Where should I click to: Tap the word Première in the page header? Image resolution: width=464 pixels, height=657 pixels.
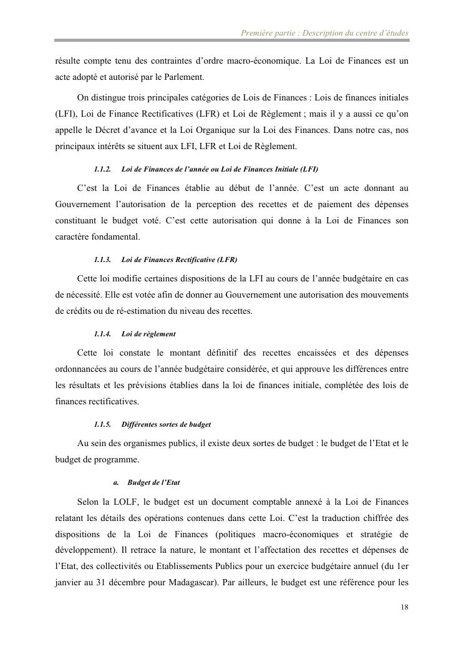pos(256,32)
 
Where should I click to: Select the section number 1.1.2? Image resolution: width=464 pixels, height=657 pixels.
pos(102,169)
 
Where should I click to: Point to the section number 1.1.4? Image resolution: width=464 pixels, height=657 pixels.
pos(102,334)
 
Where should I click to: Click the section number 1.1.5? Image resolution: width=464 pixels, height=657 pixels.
pos(102,424)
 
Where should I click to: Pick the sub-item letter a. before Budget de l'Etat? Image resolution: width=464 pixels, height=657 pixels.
pos(116,482)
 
